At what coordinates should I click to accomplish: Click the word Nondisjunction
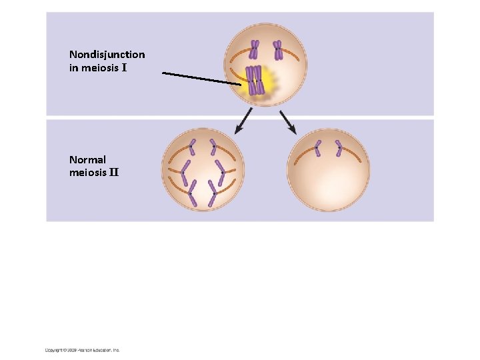pos(107,54)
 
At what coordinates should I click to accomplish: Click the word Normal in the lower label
pos(87,160)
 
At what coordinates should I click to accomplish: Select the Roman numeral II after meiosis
pos(114,173)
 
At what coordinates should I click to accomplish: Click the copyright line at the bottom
pos(82,349)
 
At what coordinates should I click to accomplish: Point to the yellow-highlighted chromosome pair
pos(254,81)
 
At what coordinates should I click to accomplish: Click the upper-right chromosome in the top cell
pos(278,49)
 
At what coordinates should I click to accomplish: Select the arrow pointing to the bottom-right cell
pos(289,121)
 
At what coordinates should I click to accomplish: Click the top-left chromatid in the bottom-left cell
pos(192,147)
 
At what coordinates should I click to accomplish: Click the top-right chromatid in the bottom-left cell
pos(213,147)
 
